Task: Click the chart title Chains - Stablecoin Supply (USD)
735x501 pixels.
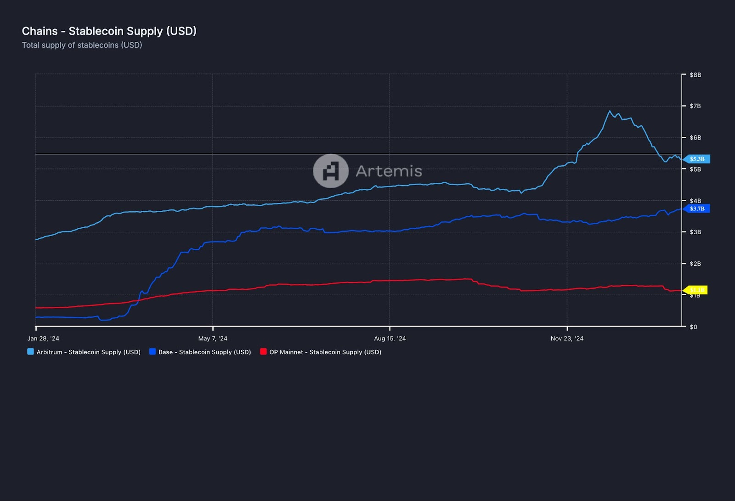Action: (x=109, y=31)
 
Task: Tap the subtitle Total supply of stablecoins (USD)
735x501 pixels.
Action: (x=82, y=45)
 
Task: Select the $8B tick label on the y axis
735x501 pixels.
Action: (x=695, y=75)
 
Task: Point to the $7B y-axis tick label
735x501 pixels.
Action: (x=695, y=106)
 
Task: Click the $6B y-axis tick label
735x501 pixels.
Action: (x=695, y=138)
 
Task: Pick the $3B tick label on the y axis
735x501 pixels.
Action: (x=695, y=232)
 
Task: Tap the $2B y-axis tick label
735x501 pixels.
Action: (x=695, y=264)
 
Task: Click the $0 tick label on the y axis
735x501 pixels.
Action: (x=694, y=327)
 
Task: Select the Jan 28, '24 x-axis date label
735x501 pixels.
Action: (x=43, y=338)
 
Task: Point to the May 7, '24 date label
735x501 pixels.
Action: (x=213, y=338)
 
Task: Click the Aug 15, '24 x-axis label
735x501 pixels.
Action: (x=390, y=338)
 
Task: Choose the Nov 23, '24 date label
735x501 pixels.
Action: (x=567, y=338)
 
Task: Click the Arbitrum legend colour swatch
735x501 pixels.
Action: (x=31, y=352)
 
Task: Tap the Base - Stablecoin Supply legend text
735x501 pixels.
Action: (x=204, y=352)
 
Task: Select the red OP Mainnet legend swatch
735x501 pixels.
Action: (x=263, y=352)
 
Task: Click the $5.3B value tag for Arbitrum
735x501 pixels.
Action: (x=697, y=159)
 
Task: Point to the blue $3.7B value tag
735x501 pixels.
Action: (x=697, y=208)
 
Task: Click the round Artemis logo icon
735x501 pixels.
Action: (x=331, y=171)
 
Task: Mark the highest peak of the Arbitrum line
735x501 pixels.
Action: (x=610, y=111)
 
